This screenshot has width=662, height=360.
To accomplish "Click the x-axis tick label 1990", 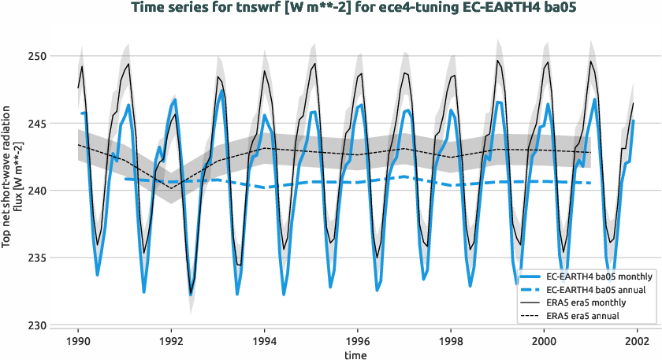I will (78, 342).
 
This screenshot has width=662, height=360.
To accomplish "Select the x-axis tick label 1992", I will (171, 342).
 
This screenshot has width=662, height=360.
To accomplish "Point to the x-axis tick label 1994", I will (264, 342).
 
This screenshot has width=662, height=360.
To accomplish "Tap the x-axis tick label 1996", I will (357, 342).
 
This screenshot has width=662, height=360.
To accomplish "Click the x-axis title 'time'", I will (357, 355).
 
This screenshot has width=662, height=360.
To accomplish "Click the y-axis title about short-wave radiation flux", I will (11, 191).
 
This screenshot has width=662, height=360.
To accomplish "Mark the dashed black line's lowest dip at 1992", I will (171, 187).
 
